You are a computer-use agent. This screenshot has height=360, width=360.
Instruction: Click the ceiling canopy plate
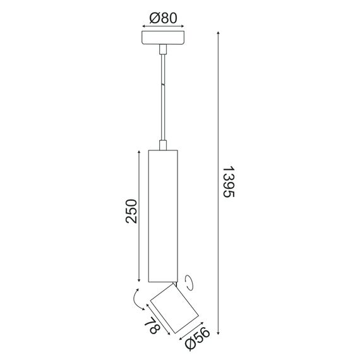[x=163, y=38]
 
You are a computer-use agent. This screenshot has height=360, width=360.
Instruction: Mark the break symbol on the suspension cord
[x=163, y=84]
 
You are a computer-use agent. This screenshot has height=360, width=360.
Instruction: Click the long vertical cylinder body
[x=163, y=215]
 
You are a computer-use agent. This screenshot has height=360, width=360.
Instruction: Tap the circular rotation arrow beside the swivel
[x=189, y=280]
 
